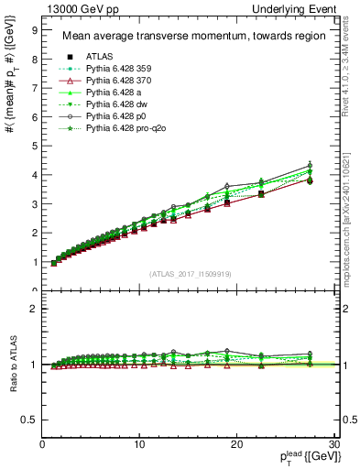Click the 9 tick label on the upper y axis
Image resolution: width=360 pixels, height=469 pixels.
tap(34, 29)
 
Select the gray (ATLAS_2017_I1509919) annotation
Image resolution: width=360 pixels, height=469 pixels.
tap(190, 274)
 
